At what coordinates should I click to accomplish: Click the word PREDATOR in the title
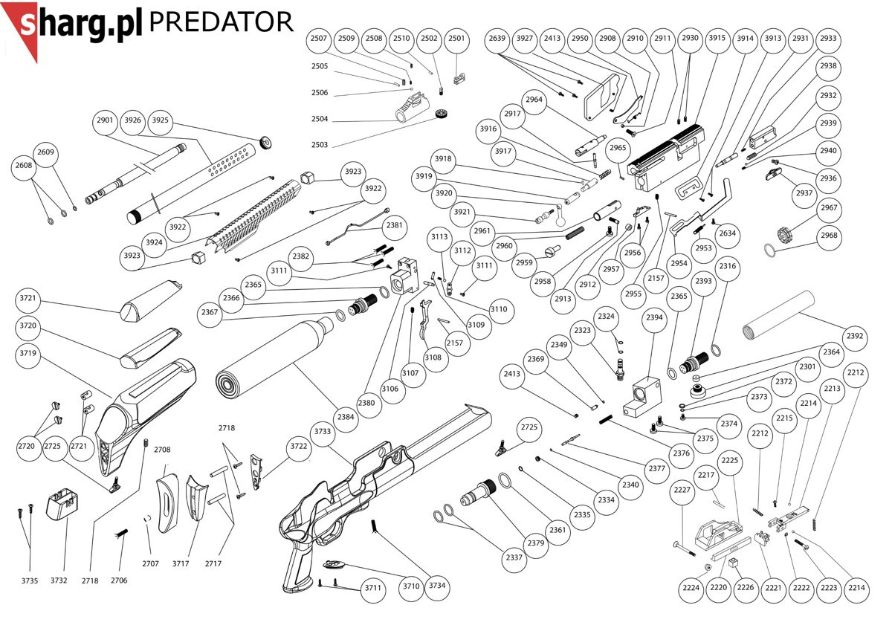click(x=221, y=22)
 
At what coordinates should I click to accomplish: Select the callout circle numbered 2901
click(x=105, y=120)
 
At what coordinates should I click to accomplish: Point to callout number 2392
click(x=855, y=336)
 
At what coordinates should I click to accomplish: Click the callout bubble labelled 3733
click(x=323, y=432)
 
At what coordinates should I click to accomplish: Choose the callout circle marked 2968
click(x=828, y=236)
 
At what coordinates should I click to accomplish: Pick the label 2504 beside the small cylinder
click(x=320, y=119)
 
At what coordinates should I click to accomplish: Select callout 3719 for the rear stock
click(x=28, y=354)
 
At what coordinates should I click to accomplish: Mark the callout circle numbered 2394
click(x=654, y=318)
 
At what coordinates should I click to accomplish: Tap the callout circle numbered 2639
click(x=497, y=39)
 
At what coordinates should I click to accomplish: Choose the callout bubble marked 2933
click(x=828, y=39)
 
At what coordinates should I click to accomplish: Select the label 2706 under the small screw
click(x=119, y=580)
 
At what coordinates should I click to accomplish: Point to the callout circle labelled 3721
click(x=28, y=299)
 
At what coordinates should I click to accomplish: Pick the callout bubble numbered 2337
click(x=511, y=557)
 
